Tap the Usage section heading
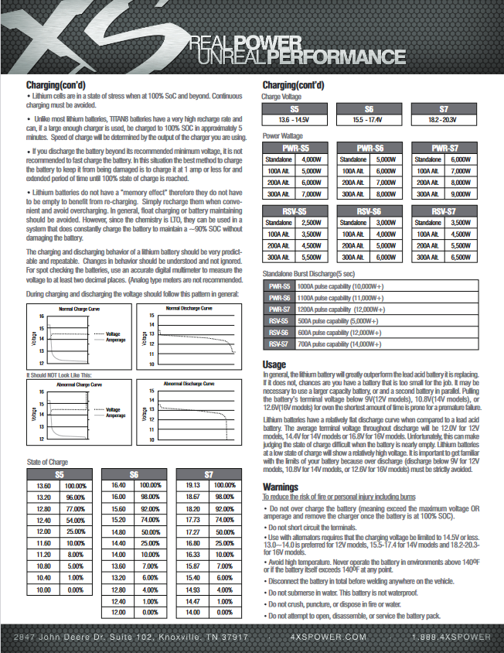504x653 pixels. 274,364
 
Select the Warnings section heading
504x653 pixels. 281,487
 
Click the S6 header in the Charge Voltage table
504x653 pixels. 369,109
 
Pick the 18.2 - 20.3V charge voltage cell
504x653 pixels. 444,120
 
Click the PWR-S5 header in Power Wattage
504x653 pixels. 295,148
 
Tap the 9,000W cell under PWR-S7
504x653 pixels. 460,193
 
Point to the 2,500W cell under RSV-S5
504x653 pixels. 311,222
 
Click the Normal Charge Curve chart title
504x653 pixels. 79,309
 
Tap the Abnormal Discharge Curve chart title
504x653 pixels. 189,383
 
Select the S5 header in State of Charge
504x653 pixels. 60,474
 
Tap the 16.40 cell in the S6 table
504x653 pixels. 119,485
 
